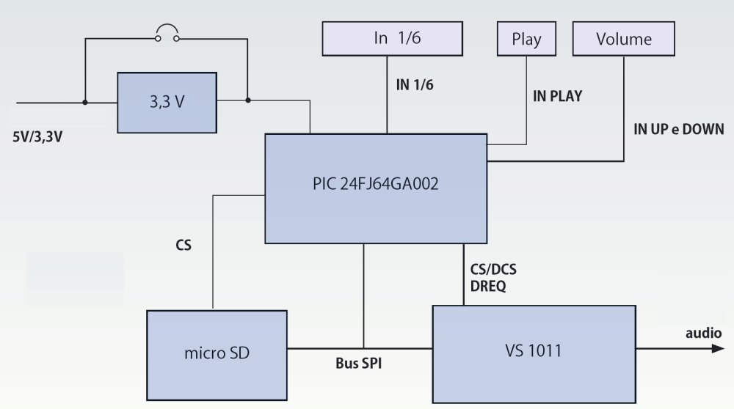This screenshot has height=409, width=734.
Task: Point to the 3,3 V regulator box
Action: (x=168, y=102)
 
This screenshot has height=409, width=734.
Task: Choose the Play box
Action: (x=527, y=38)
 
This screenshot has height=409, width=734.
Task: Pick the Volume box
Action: (x=623, y=38)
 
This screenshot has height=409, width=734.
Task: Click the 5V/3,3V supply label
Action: (x=36, y=136)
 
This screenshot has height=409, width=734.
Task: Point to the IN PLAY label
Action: (x=557, y=96)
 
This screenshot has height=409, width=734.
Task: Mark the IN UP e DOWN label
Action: (x=678, y=130)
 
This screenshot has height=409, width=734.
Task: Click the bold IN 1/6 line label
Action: (x=415, y=85)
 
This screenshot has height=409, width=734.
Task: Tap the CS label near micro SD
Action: (x=183, y=246)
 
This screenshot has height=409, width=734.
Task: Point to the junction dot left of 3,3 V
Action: (x=85, y=102)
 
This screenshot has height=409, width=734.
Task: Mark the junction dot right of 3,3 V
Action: (x=248, y=102)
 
